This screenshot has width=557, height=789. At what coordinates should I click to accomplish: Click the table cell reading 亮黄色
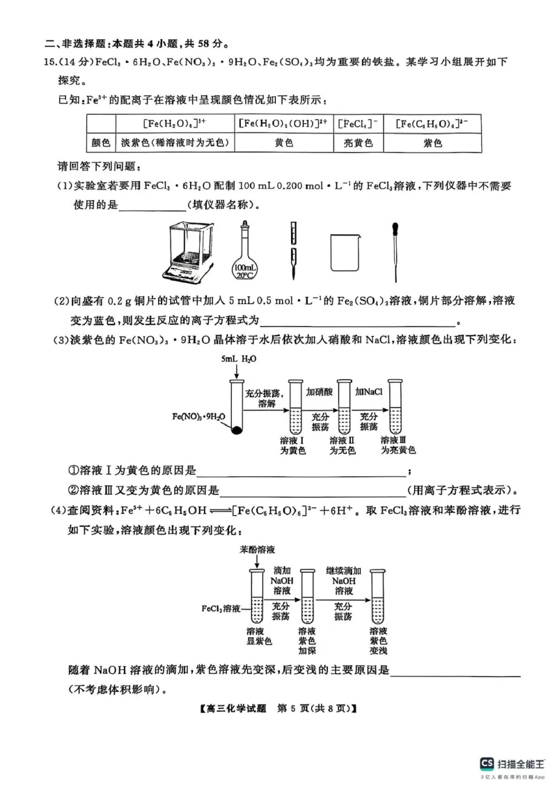coord(358,143)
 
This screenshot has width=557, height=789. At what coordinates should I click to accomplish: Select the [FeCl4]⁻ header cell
coord(358,124)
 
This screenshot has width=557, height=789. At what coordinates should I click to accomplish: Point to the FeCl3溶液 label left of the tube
coord(221,608)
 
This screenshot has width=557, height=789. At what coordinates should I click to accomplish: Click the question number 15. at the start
coord(49,62)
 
